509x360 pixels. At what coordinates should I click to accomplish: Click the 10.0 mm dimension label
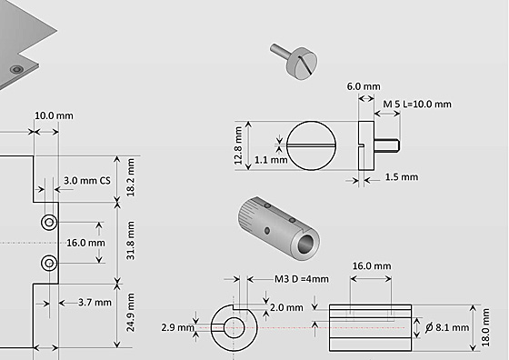click(54, 115)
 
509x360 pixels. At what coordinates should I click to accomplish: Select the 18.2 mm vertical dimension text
click(131, 177)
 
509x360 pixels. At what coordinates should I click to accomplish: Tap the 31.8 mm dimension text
click(131, 241)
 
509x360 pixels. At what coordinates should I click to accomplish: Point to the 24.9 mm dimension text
click(131, 313)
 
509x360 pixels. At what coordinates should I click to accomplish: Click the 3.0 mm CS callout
click(87, 181)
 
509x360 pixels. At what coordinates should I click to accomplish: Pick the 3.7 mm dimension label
click(95, 303)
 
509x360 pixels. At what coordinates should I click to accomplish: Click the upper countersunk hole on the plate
click(49, 223)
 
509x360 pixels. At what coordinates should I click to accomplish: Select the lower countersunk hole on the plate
click(49, 263)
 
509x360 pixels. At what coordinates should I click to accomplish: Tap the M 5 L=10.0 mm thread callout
click(417, 105)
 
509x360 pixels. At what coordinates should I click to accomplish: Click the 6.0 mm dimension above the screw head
click(364, 86)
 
